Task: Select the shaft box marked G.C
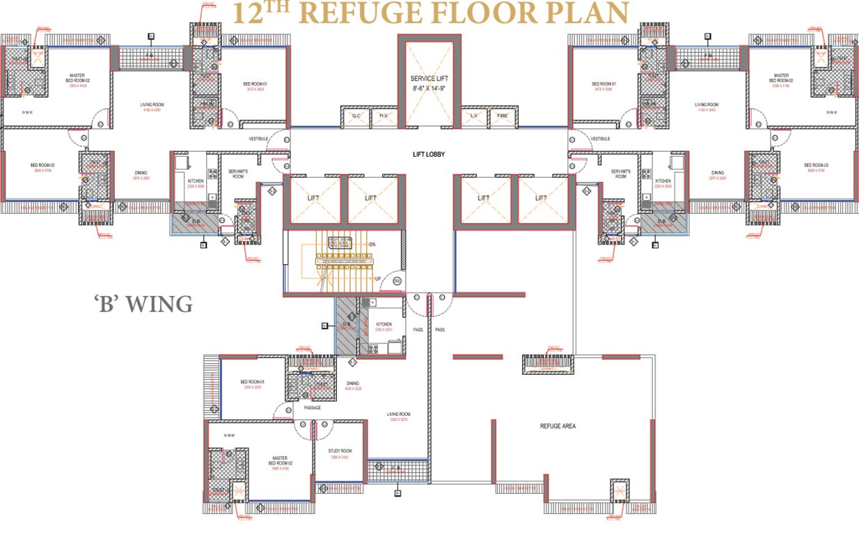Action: [x=355, y=116]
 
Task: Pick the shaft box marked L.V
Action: [x=473, y=116]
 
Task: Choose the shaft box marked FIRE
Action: [x=502, y=116]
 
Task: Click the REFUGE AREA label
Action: [x=558, y=426]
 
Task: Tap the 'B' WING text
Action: [x=143, y=304]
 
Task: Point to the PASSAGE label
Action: [x=312, y=408]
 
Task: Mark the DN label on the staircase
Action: [x=372, y=245]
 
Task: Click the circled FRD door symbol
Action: [x=397, y=281]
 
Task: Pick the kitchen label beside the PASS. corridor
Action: [x=384, y=325]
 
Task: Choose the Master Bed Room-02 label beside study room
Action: [x=280, y=460]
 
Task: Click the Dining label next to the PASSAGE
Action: [x=353, y=383]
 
